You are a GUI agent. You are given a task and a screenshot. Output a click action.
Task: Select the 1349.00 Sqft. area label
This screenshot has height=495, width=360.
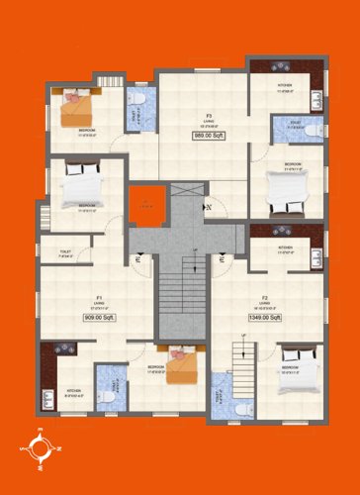point(266,317)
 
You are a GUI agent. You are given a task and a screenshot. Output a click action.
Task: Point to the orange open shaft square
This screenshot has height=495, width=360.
point(145,206)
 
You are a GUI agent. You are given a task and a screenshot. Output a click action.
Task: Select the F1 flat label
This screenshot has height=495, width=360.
point(100,297)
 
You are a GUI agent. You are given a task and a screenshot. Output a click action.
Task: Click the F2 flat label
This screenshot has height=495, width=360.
point(266,297)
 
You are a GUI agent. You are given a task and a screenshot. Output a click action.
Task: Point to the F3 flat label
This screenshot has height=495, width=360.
point(209,115)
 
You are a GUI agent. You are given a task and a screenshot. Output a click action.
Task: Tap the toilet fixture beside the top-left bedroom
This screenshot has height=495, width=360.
point(139,101)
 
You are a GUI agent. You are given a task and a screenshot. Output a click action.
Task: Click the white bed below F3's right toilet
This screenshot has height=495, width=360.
point(291,193)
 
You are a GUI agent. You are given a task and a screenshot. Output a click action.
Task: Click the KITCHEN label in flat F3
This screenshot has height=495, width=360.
point(285,86)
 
